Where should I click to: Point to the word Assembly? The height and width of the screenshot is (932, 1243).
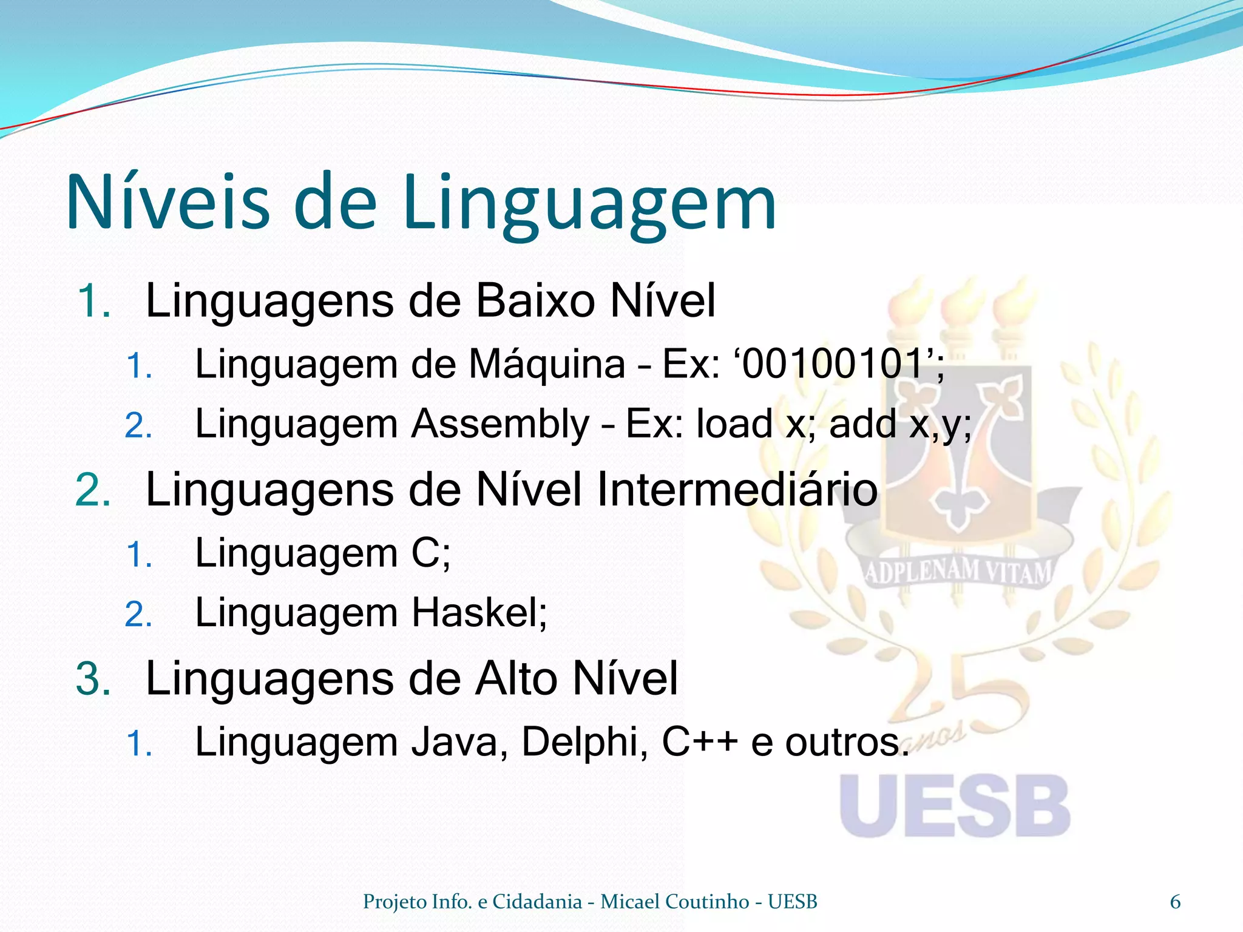[500, 424]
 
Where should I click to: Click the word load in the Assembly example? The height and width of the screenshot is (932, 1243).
[734, 424]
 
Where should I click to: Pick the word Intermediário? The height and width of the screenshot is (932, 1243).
[737, 490]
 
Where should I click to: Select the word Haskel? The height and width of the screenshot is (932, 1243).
[474, 612]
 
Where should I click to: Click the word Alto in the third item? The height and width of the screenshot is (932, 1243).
[516, 678]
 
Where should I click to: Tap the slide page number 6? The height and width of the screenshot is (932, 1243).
[1175, 902]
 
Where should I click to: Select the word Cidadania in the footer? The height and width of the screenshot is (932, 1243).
[537, 902]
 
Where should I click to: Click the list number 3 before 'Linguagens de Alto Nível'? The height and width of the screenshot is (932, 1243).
[93, 678]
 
